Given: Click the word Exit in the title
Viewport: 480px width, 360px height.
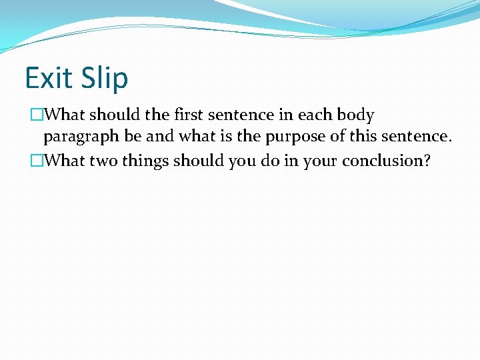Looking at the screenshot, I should pyautogui.click(x=47, y=78).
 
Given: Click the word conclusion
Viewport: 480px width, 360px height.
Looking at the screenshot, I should pyautogui.click(x=388, y=161).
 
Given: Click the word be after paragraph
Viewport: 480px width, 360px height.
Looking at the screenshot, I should pyautogui.click(x=132, y=137).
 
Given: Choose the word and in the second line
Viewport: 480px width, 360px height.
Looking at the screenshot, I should pyautogui.click(x=157, y=137).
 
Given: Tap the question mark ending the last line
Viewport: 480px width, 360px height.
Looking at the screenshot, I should pyautogui.click(x=427, y=161).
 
